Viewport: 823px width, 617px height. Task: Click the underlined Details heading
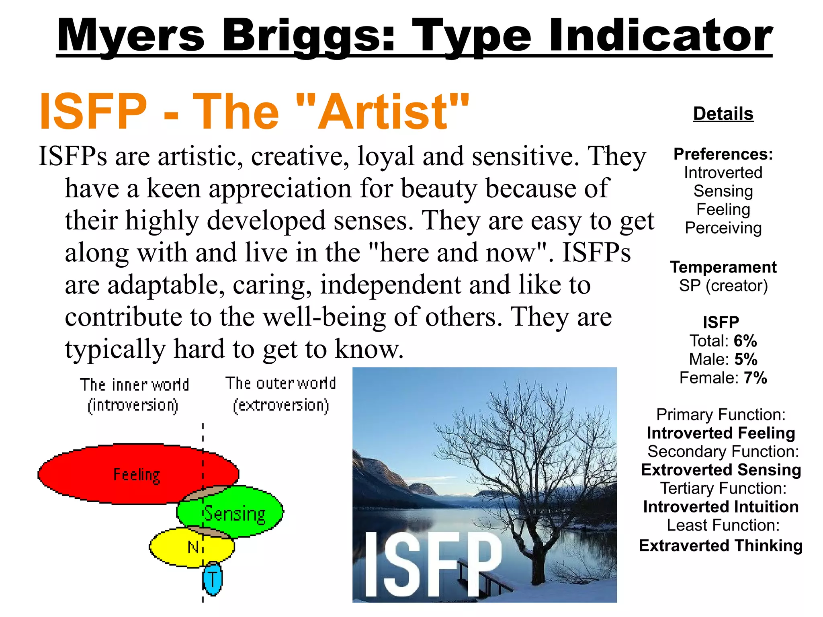(x=723, y=114)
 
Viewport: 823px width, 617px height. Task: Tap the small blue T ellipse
(x=212, y=579)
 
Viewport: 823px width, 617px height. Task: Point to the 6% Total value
(x=745, y=341)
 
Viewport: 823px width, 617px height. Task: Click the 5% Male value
(x=745, y=359)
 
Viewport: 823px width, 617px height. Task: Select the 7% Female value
(x=755, y=378)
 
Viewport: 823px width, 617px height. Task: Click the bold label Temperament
(x=723, y=267)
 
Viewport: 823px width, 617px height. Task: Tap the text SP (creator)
(x=723, y=286)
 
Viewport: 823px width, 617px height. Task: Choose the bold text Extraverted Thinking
(x=721, y=545)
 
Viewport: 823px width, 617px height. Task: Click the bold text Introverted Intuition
(x=721, y=507)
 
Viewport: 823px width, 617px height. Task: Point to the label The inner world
(x=134, y=385)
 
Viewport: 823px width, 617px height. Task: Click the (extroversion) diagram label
(x=281, y=405)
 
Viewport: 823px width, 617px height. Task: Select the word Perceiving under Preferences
(x=723, y=228)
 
